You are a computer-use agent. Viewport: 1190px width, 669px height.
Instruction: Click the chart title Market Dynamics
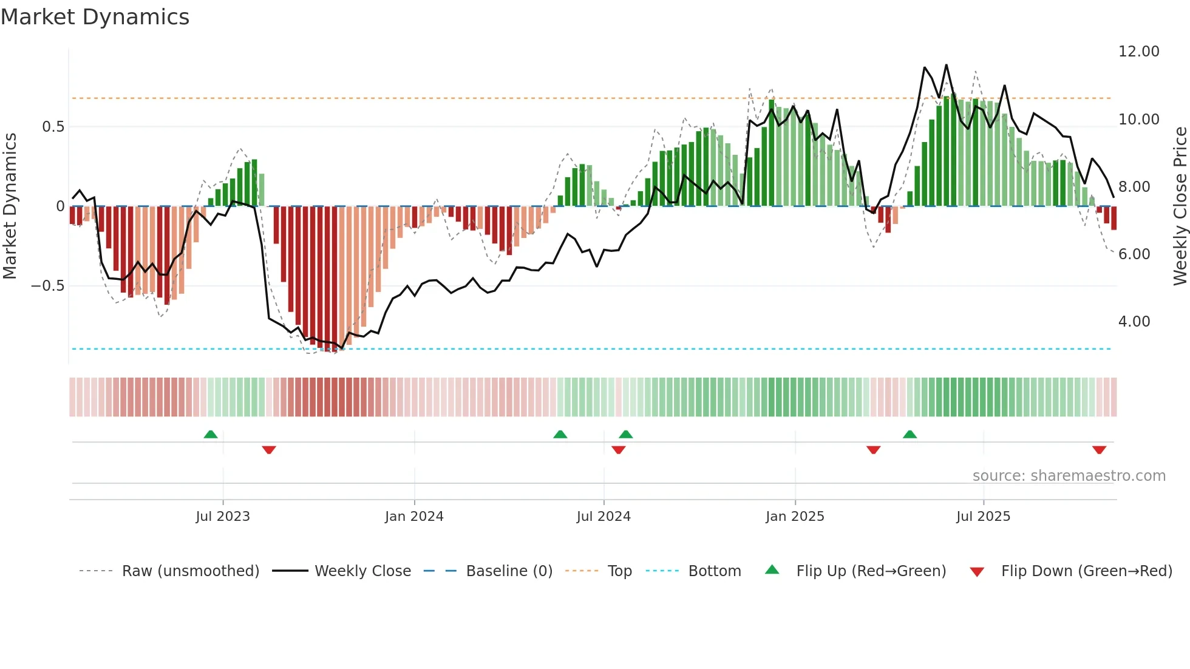95,17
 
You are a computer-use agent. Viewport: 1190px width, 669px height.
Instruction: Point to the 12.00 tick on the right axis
1138,52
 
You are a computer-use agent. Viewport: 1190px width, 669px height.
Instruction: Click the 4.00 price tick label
1134,322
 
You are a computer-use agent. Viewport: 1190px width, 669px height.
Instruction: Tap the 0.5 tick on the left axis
53,127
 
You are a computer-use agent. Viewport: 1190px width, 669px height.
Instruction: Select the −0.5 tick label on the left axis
47,286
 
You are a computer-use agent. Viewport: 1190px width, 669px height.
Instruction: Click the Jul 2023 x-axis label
223,517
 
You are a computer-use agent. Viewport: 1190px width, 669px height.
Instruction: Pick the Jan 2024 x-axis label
414,517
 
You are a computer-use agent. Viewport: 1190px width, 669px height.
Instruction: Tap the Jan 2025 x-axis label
795,517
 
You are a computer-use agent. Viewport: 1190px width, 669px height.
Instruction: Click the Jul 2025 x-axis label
983,517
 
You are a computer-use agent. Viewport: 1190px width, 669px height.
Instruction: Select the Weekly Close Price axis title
1180,206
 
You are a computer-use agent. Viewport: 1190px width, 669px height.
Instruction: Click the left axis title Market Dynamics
10,206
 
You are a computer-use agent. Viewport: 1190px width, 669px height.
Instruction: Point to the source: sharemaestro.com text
1069,476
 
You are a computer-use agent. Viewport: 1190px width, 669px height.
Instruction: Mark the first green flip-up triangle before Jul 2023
211,435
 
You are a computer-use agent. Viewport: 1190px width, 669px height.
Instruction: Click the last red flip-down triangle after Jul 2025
1099,450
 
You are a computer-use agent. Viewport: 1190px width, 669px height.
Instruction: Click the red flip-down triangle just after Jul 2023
269,450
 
